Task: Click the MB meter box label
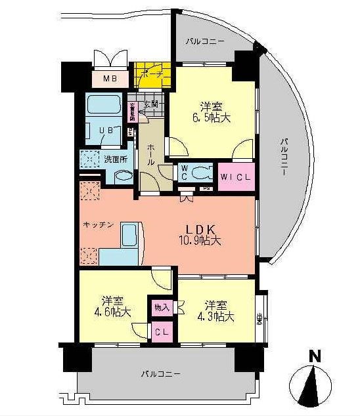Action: [110, 79]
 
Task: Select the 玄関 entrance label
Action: [151, 104]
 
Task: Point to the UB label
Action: [105, 131]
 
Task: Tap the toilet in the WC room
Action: [202, 173]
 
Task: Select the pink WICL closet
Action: [235, 176]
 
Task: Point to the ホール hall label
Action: [150, 152]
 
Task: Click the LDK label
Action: [197, 229]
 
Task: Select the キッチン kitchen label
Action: [99, 225]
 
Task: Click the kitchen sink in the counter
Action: [128, 234]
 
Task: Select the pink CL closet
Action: [162, 332]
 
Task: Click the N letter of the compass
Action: [315, 358]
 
